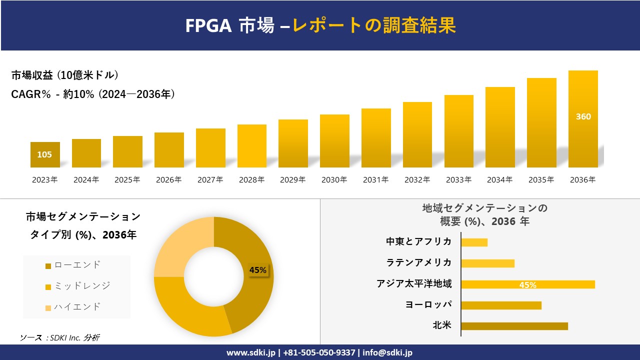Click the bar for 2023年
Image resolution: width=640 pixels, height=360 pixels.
(x=45, y=154)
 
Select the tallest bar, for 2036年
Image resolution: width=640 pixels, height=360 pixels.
(x=583, y=119)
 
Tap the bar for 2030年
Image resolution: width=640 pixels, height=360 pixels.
(x=334, y=141)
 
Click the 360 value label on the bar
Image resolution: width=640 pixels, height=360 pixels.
(x=583, y=116)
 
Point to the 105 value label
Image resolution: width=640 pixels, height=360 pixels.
(x=44, y=154)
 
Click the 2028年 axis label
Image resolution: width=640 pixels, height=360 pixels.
(x=251, y=180)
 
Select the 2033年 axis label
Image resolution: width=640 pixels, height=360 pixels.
(x=458, y=180)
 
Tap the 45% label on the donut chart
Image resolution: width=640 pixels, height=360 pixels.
(x=258, y=270)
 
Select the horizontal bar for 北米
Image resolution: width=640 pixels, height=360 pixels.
(x=514, y=326)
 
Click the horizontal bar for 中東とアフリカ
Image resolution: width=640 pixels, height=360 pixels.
(x=474, y=242)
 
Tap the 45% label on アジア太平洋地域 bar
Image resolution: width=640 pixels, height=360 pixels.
(x=527, y=285)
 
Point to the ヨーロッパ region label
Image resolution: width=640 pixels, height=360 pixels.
(x=428, y=304)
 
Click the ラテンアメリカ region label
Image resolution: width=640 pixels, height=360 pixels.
(x=418, y=262)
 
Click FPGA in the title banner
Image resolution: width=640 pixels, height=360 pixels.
(x=208, y=25)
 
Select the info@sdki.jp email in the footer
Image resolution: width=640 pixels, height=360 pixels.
(x=388, y=352)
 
